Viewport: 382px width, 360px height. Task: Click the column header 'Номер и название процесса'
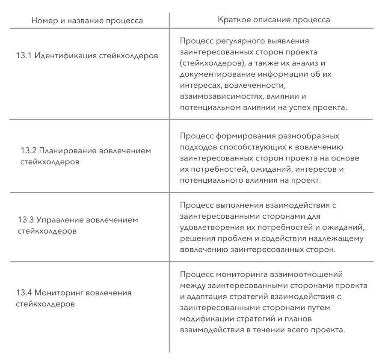[x=87, y=21]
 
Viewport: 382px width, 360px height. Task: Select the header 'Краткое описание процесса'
[x=274, y=20]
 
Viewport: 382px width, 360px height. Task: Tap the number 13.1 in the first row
[x=24, y=56]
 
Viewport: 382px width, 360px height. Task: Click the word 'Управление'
[x=59, y=220]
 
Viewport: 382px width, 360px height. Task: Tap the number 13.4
[x=24, y=293]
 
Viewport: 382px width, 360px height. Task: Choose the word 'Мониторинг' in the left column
[x=59, y=293]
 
